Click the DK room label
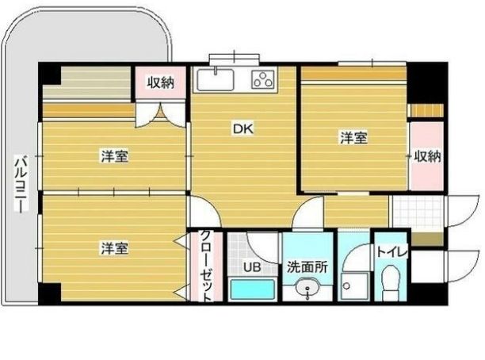pyautogui.click(x=242, y=128)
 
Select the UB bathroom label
pyautogui.click(x=251, y=267)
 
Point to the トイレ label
pyautogui.click(x=391, y=252)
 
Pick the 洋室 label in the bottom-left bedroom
pyautogui.click(x=114, y=247)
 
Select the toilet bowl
pyautogui.click(x=391, y=281)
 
